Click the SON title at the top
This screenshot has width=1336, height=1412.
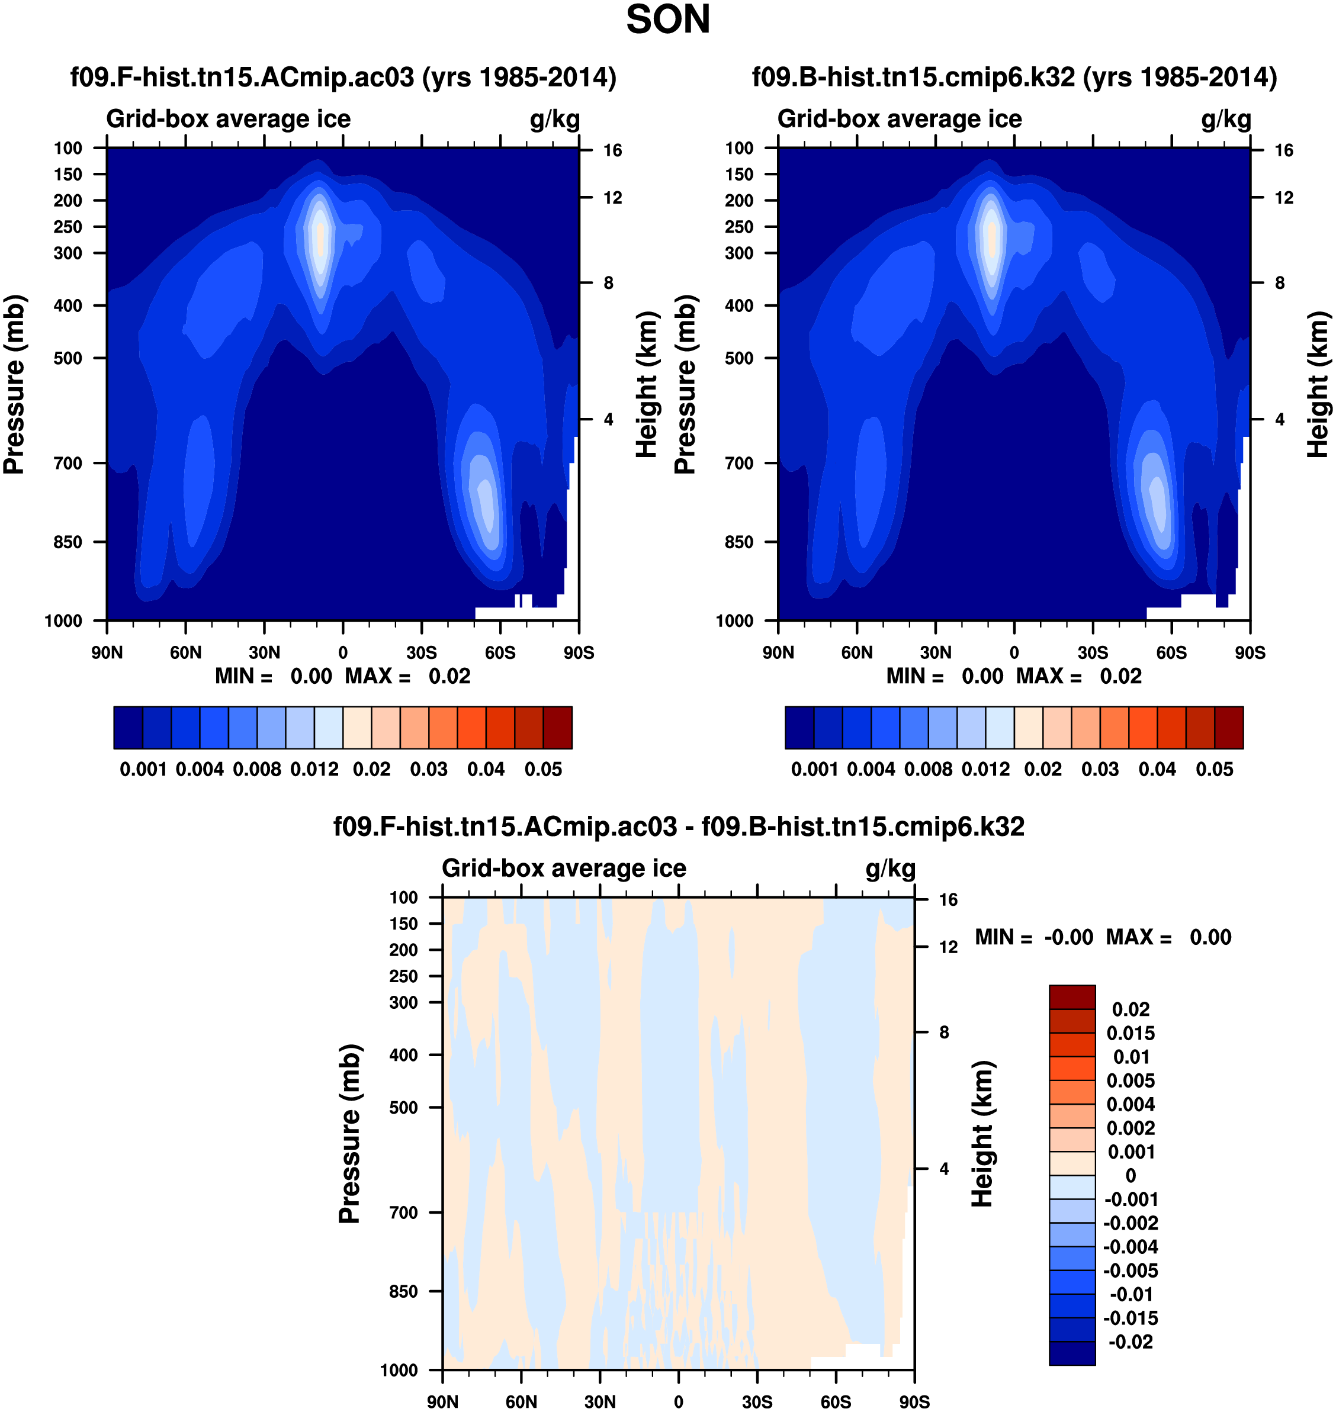[x=667, y=20]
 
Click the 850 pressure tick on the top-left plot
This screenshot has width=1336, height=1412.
[x=68, y=542]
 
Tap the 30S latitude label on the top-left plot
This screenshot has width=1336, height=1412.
[x=422, y=652]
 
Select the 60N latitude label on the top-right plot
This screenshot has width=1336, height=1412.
[x=857, y=652]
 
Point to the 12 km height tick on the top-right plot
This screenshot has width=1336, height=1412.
[x=1283, y=198]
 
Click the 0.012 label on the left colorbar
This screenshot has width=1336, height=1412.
[x=314, y=769]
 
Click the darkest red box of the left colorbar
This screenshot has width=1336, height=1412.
[x=558, y=727]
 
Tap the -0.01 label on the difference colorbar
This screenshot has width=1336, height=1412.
[x=1131, y=1294]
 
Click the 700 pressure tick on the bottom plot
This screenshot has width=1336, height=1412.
[x=403, y=1212]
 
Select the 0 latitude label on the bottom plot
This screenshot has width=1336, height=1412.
[x=678, y=1401]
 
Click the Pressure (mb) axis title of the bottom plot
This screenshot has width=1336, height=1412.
[x=349, y=1134]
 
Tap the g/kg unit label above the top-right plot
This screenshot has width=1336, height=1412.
[x=1226, y=119]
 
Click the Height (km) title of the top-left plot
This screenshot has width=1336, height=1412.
[x=646, y=384]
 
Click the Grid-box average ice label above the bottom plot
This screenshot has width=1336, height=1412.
[x=563, y=868]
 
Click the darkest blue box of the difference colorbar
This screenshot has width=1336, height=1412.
[x=1072, y=1353]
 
